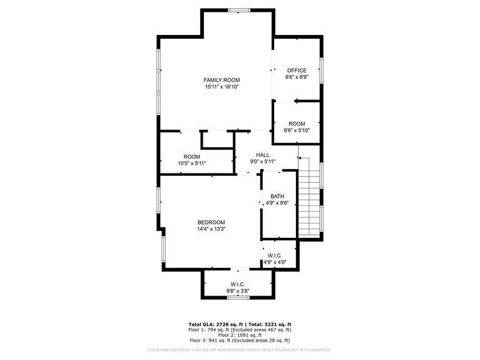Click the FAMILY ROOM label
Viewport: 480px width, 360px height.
click(x=222, y=80)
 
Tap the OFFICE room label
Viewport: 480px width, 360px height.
click(x=297, y=71)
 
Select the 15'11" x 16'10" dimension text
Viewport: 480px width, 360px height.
click(x=222, y=87)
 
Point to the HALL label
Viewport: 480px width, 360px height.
click(x=263, y=155)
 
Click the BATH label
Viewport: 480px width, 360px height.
click(x=277, y=196)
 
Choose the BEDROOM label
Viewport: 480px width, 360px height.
click(x=212, y=222)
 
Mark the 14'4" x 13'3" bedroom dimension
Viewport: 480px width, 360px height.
click(x=212, y=229)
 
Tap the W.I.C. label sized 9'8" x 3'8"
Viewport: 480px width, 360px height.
click(x=238, y=284)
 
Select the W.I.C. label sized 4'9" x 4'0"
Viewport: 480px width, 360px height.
click(x=275, y=255)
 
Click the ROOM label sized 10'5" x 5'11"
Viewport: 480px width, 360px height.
click(x=192, y=157)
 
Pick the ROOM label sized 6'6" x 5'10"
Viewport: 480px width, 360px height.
click(x=297, y=124)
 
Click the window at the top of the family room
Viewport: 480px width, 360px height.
click(x=239, y=11)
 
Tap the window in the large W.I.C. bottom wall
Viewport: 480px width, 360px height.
click(x=239, y=297)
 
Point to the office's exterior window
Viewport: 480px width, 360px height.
click(x=322, y=70)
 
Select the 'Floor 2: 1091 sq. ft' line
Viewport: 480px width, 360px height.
click(x=240, y=335)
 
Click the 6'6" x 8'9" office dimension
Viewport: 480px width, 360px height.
click(x=297, y=77)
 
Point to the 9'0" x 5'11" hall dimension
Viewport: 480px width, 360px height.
click(x=263, y=162)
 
